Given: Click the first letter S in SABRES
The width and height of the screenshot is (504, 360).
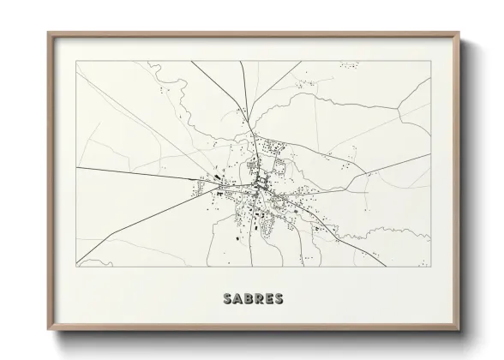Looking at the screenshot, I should pyautogui.click(x=226, y=299).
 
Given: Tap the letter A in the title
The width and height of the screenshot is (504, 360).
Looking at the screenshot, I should pyautogui.click(x=237, y=299).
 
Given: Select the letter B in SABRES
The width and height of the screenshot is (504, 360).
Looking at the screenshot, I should pyautogui.click(x=249, y=299).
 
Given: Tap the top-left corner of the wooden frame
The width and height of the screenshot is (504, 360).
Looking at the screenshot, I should pyautogui.click(x=48, y=33).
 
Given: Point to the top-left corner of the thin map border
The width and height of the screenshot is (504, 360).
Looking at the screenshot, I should pyautogui.click(x=76, y=61).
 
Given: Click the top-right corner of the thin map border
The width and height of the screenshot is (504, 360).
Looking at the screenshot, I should pyautogui.click(x=431, y=61).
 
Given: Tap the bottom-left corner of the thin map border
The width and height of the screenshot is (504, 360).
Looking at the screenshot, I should pyautogui.click(x=76, y=267).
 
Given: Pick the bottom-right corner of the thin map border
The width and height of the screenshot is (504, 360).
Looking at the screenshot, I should pyautogui.click(x=431, y=267).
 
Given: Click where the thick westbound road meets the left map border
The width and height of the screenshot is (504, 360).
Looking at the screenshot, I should pyautogui.click(x=76, y=168).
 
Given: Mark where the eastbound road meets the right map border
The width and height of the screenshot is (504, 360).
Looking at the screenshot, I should pyautogui.click(x=431, y=155).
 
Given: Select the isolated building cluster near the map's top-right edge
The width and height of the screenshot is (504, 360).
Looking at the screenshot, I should pyautogui.click(x=348, y=64).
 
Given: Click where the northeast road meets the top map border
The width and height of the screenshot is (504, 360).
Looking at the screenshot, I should pyautogui.click(x=302, y=61).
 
